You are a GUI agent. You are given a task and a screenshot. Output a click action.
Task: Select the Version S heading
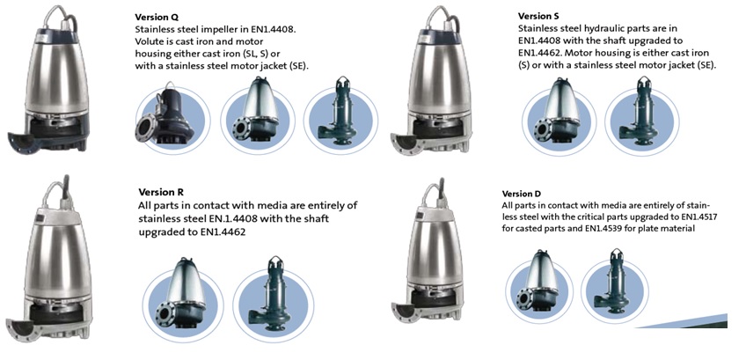[538, 16]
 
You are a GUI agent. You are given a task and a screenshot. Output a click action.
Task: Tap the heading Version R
[161, 193]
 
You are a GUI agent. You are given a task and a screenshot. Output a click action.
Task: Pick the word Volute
[148, 41]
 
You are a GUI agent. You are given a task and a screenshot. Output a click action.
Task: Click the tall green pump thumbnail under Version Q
[340, 115]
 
